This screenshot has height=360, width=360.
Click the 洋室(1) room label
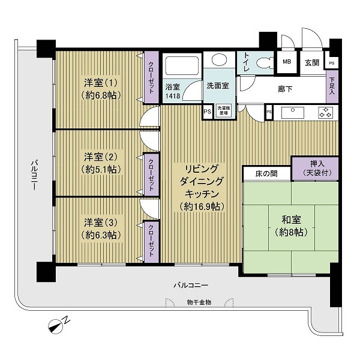(x=97, y=88)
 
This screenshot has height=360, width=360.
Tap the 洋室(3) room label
(x=100, y=227)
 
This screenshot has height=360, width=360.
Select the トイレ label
(x=247, y=62)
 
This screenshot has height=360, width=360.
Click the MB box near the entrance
(x=287, y=62)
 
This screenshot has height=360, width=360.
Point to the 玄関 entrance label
(x=311, y=62)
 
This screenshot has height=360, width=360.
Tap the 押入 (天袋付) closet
(x=314, y=168)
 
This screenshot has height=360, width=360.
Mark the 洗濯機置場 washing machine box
(x=222, y=112)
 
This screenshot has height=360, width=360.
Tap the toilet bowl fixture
(x=263, y=62)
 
